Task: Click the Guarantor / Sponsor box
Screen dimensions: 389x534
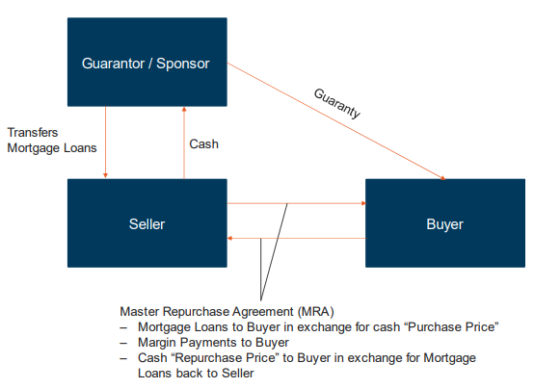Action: pos(147,64)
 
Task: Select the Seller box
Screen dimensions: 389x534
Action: pos(147,222)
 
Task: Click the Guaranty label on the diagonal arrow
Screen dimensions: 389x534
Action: pos(337,103)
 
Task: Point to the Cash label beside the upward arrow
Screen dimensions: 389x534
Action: pos(203,144)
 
